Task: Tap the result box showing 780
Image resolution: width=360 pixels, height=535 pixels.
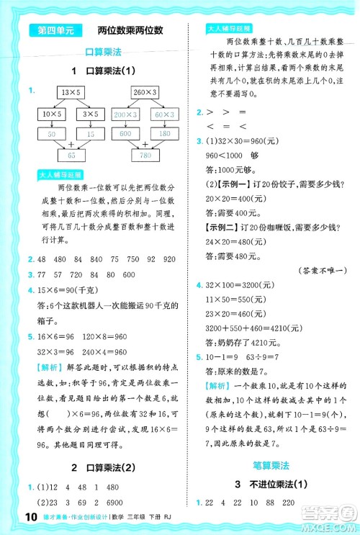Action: [x=146, y=155]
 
